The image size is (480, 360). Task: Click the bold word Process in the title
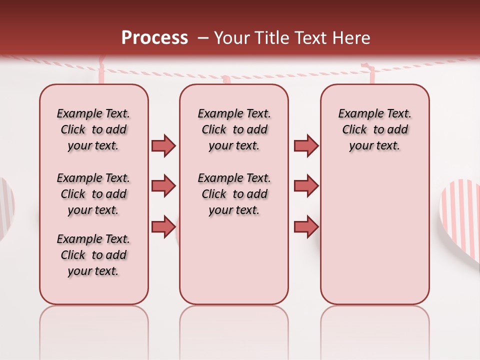click(154, 38)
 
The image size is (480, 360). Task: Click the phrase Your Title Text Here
click(292, 38)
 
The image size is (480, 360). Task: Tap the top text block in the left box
click(93, 129)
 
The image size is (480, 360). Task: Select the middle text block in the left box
click(93, 194)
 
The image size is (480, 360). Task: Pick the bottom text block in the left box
click(93, 255)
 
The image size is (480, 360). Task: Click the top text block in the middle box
click(234, 129)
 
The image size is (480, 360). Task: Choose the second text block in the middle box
click(234, 194)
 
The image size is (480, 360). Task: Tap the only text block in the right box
click(374, 129)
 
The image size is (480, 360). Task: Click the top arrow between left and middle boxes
click(163, 145)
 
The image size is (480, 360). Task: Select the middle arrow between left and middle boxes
click(163, 186)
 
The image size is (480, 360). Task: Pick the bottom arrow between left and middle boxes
click(163, 226)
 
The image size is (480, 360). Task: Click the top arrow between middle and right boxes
click(306, 145)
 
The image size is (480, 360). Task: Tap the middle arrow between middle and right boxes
click(306, 186)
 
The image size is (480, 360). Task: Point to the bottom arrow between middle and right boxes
click(306, 226)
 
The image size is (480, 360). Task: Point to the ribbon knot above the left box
click(102, 65)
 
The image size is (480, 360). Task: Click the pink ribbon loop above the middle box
click(226, 79)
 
